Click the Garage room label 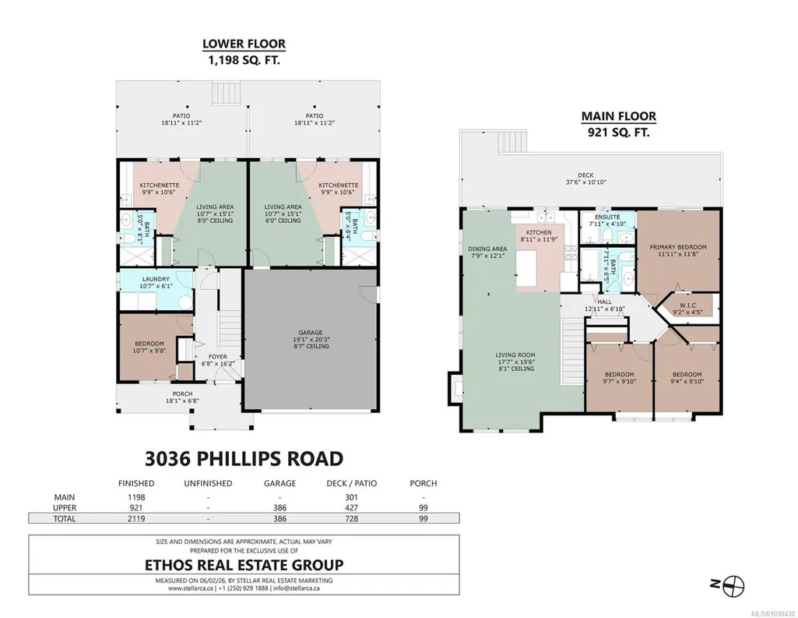point(311,333)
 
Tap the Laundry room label point(156,279)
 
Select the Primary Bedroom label point(678,247)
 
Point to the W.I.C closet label point(687,305)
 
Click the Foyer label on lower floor point(218,357)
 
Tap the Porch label point(182,394)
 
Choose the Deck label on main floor point(585,175)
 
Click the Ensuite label point(607,217)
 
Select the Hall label point(605,302)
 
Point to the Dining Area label point(487,249)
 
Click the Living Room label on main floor point(515,355)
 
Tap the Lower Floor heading point(244,44)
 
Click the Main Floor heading point(618,116)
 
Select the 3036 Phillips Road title point(244,458)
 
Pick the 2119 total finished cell point(136,519)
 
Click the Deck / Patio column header point(352,483)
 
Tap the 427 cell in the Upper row point(351,508)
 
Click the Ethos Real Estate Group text point(244,565)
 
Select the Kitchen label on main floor point(539,232)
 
